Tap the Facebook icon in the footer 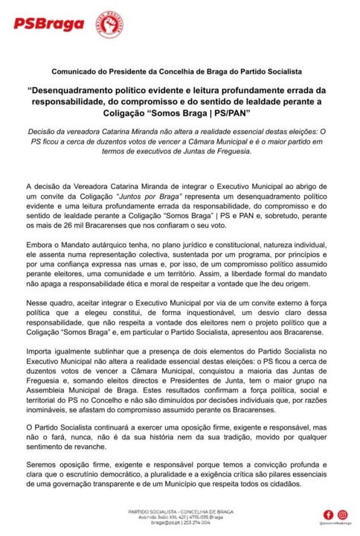(x=328, y=514)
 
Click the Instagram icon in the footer (x=342, y=514)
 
